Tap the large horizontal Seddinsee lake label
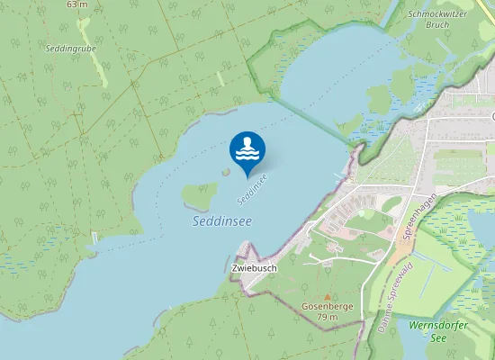point(222,220)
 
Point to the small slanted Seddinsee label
point(253,188)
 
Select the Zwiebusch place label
point(254,268)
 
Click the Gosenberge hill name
point(328,306)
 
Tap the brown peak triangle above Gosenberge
point(328,296)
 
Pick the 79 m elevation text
point(328,317)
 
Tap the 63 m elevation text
point(77,4)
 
